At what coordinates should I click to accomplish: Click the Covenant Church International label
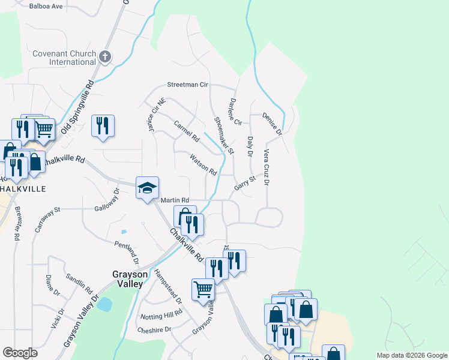[64, 58]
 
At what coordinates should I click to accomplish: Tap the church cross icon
[105, 57]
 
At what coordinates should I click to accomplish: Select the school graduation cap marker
[147, 188]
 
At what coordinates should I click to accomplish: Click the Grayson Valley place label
[127, 279]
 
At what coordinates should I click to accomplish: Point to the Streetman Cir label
[182, 85]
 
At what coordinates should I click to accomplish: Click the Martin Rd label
[175, 200]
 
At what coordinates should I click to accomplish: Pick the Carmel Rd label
[186, 133]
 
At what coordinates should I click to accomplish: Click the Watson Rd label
[203, 164]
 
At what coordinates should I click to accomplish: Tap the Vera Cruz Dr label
[266, 167]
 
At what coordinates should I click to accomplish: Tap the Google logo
[20, 353]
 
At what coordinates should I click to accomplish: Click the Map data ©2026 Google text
[411, 355]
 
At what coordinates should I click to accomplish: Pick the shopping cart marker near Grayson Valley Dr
[203, 289]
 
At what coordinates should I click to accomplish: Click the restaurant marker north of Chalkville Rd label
[103, 125]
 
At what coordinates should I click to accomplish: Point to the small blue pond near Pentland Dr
[124, 232]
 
